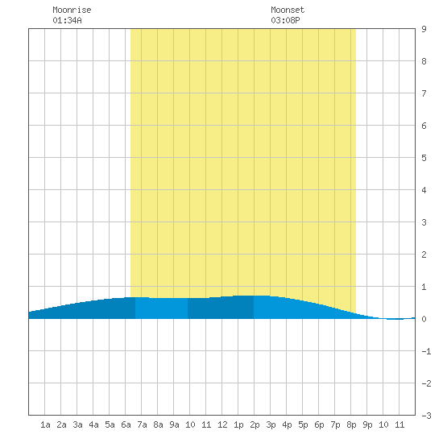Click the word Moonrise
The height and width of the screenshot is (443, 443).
[x=72, y=10]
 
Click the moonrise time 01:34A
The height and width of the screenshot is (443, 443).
[x=67, y=20]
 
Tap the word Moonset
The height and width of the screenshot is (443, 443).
[x=288, y=10]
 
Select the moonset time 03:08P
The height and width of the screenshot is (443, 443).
[x=285, y=20]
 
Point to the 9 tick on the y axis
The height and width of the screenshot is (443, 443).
[x=424, y=29]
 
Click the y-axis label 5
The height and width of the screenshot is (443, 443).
[x=424, y=158]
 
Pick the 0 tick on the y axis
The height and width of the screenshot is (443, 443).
[x=424, y=319]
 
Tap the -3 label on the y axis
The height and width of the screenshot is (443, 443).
[x=426, y=416]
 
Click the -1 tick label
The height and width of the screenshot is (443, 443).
[x=426, y=351]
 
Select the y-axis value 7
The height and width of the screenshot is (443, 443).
[x=424, y=93]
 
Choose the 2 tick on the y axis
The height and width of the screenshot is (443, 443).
[x=424, y=255]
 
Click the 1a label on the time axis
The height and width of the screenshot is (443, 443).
[x=45, y=424]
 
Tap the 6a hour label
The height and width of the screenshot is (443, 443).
[x=126, y=424]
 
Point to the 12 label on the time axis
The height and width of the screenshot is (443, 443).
[x=222, y=424]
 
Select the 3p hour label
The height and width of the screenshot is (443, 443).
[x=271, y=424]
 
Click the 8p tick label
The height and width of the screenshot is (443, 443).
[x=351, y=424]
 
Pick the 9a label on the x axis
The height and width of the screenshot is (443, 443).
[x=174, y=424]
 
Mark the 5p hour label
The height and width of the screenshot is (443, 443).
[x=303, y=424]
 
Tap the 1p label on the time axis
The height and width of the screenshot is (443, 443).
[x=238, y=424]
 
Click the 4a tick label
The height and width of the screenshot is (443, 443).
[x=93, y=424]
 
